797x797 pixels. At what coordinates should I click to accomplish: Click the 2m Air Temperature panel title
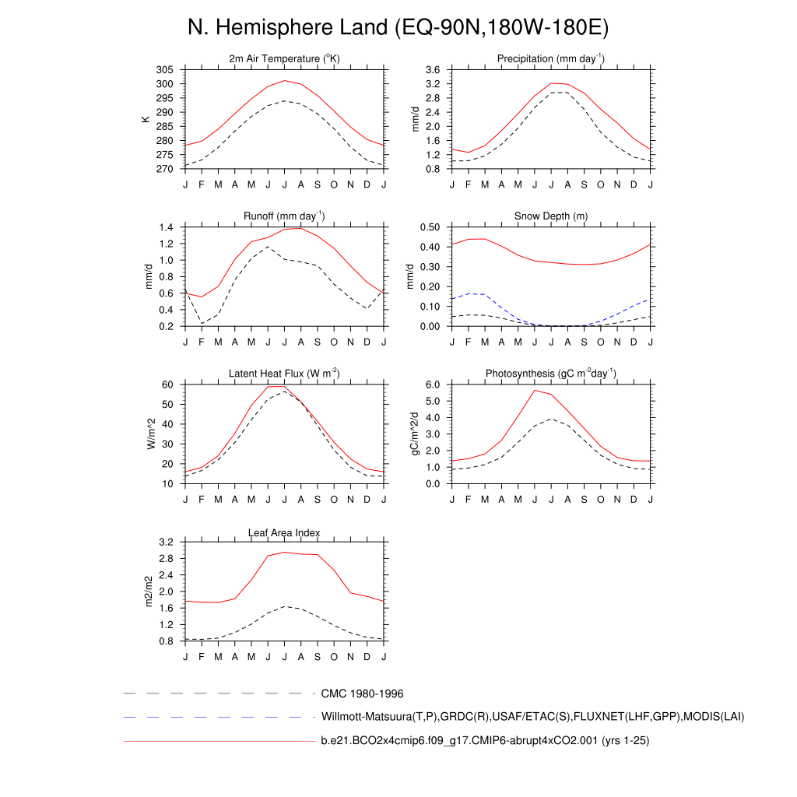(x=284, y=59)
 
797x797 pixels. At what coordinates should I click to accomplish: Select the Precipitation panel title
(x=550, y=59)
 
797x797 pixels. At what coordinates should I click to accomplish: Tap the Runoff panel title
(x=284, y=216)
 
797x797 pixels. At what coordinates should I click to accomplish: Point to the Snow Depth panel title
(x=550, y=216)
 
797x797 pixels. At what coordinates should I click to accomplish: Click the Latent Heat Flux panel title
(x=284, y=374)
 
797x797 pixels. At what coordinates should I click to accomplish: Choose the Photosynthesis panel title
(x=550, y=374)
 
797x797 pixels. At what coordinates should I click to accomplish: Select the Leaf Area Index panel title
(x=284, y=532)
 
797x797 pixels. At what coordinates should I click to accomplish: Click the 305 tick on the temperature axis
(x=164, y=70)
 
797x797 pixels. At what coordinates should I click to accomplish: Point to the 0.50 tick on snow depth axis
(x=430, y=227)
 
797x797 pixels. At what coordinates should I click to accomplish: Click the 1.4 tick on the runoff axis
(x=165, y=227)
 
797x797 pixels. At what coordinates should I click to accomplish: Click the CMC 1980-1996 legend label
(x=362, y=693)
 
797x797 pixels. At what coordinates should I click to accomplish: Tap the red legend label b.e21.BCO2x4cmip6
(x=485, y=741)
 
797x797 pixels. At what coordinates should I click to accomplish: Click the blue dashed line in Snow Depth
(x=483, y=295)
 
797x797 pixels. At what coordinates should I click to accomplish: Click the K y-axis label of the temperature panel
(x=145, y=119)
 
